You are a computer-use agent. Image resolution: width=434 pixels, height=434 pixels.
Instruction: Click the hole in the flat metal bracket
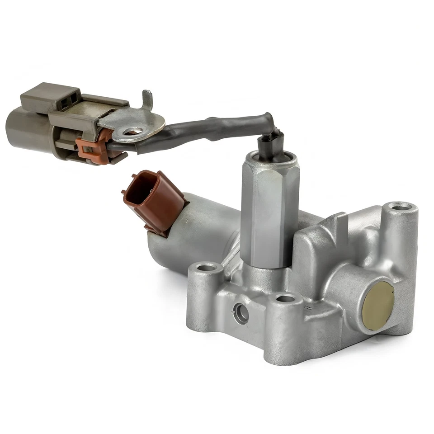[132, 132]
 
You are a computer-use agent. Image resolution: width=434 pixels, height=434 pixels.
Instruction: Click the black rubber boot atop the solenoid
[270, 144]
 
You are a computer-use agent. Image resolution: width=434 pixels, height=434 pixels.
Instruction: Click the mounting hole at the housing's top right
[401, 208]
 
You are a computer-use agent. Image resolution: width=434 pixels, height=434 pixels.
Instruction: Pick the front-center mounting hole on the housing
[285, 298]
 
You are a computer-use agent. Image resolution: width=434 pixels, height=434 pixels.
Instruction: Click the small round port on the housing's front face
[239, 311]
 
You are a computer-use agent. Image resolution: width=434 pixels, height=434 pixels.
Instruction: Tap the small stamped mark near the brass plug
[309, 307]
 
